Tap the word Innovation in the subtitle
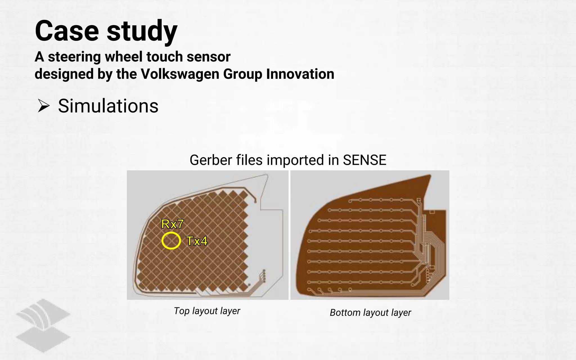pos(300,74)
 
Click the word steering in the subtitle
pos(74,57)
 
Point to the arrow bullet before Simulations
pos(44,106)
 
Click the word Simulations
pos(108,106)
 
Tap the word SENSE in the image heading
pos(364,160)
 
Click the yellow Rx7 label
pos(172,224)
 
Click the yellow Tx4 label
pos(197,241)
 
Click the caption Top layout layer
pos(207,311)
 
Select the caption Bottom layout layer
pos(370,312)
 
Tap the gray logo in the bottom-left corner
pos(43,325)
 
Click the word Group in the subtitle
pos(242,74)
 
